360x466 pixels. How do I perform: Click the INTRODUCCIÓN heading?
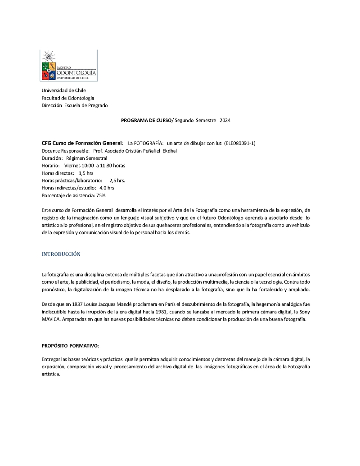[x=61, y=254]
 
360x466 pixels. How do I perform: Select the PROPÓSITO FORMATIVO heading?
[x=70, y=345]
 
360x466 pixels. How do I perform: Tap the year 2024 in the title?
[x=225, y=121]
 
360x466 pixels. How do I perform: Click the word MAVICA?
[x=52, y=320]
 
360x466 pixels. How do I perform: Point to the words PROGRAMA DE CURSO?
[x=147, y=121]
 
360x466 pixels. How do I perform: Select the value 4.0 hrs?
[x=107, y=188]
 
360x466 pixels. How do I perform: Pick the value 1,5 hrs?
[x=86, y=173]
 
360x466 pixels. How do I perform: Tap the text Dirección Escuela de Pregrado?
[x=75, y=105]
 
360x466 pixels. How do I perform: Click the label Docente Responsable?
[x=65, y=151]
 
